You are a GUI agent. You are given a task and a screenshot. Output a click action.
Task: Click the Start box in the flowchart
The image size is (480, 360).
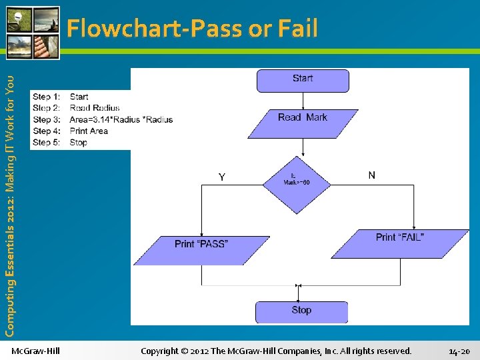pos(303,80)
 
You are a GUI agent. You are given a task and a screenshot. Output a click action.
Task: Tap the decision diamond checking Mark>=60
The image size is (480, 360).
pos(296,184)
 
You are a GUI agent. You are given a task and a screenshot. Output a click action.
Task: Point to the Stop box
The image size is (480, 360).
pos(301,311)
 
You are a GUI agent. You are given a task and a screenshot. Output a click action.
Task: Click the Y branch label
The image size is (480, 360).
pos(222,177)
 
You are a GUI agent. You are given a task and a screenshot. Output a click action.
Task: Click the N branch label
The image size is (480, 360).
pos(371,175)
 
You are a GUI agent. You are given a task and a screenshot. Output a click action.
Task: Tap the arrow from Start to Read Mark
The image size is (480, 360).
pos(303,101)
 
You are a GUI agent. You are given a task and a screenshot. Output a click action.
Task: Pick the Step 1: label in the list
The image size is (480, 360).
pos(46,97)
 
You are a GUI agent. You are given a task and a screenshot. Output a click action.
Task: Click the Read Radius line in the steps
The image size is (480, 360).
pos(95,108)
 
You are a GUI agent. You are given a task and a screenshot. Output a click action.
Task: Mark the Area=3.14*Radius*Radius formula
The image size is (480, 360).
pos(121,119)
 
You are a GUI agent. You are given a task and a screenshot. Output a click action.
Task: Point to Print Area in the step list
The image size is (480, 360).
pos(89,131)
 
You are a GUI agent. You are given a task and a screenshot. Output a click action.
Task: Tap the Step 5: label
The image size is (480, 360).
pos(46,142)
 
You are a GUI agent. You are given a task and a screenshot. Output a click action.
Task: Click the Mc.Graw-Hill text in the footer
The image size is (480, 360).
pos(36,351)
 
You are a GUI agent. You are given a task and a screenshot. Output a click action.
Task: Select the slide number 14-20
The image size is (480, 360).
pos(459,351)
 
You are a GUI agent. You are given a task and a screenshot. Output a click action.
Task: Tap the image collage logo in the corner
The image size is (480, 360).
pos(33,32)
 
